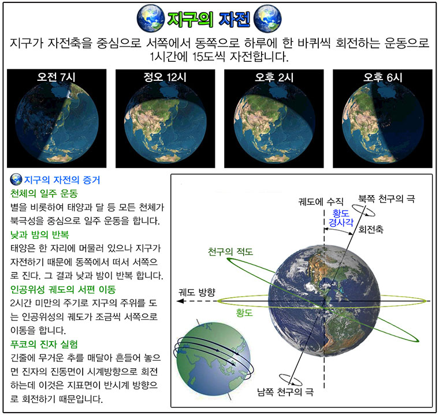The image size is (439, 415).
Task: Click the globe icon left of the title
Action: click(151, 18)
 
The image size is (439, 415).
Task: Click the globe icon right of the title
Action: click(267, 18)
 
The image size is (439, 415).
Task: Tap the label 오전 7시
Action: click(56, 77)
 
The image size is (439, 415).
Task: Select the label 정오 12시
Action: click(165, 77)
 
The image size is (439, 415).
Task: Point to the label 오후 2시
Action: click(274, 77)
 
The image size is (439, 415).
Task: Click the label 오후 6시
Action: click(382, 77)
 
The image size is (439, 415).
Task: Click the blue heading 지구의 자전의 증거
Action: click(62, 180)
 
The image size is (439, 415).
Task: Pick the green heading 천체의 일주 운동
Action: click(44, 193)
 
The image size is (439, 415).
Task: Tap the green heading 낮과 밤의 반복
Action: click(39, 234)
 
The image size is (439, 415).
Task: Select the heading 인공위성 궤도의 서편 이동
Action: click(63, 289)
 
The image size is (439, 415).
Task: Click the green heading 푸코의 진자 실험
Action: click(44, 344)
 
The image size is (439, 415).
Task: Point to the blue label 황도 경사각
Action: click(341, 218)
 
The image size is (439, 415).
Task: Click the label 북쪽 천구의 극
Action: click(386, 199)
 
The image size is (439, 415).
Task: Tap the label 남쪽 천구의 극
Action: click(285, 391)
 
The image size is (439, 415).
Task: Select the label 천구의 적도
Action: click(230, 252)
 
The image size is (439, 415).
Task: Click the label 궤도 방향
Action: click(197, 292)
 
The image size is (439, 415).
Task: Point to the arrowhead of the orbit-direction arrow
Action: click(180, 301)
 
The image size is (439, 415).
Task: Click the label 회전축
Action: click(371, 230)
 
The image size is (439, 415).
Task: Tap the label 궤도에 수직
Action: click(321, 201)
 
